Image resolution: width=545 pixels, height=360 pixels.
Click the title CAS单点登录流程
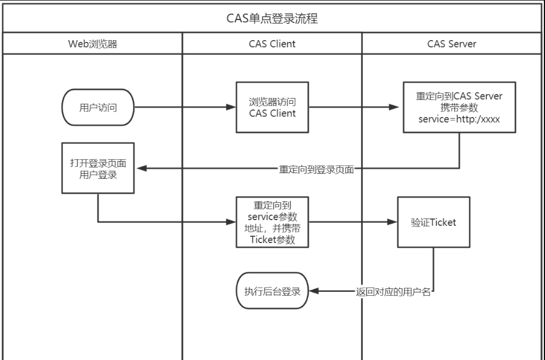(x=272, y=19)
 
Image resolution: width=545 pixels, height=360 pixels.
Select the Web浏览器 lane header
(x=93, y=44)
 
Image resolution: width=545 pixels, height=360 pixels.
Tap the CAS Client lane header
(x=272, y=44)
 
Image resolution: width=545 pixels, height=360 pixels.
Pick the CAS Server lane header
(x=452, y=44)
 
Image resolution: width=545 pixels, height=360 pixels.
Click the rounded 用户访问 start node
(x=99, y=107)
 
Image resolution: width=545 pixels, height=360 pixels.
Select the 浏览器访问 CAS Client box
(x=272, y=107)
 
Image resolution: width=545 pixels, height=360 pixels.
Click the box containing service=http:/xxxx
(x=458, y=107)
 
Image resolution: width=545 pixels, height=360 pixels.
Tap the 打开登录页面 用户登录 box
(x=98, y=169)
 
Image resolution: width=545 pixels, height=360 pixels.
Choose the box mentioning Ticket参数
(x=272, y=222)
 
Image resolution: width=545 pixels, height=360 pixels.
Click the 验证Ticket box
(x=433, y=222)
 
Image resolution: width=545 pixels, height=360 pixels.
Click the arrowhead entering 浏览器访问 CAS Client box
(x=232, y=107)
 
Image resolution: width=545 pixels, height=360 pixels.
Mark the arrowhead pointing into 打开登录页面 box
(x=139, y=169)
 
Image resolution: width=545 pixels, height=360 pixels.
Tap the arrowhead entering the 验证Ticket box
(x=393, y=222)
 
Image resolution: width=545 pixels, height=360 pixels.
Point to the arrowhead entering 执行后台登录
(x=313, y=292)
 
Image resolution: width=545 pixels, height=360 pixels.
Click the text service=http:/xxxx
(x=459, y=119)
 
